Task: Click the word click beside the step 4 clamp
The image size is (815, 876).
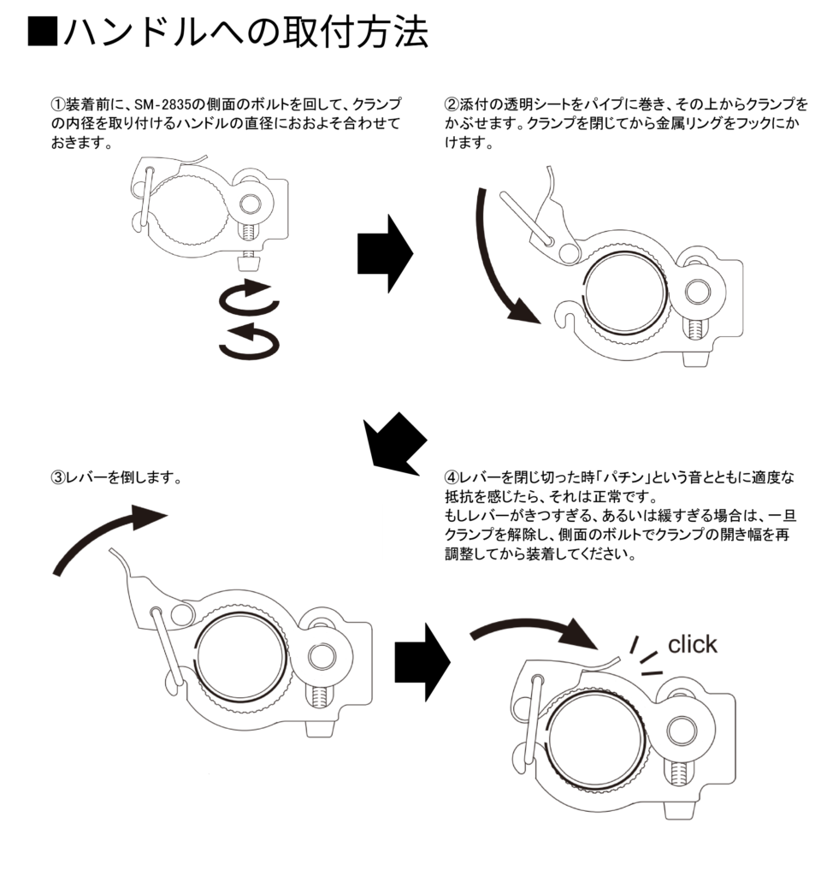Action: point(693,644)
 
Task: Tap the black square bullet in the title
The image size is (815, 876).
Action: point(42,33)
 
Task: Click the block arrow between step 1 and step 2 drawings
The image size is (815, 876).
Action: point(384,253)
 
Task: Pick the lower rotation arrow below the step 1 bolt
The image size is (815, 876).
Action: point(249,341)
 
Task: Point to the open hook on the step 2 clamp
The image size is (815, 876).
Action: point(565,317)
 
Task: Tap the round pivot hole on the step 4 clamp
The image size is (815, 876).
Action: point(682,730)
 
